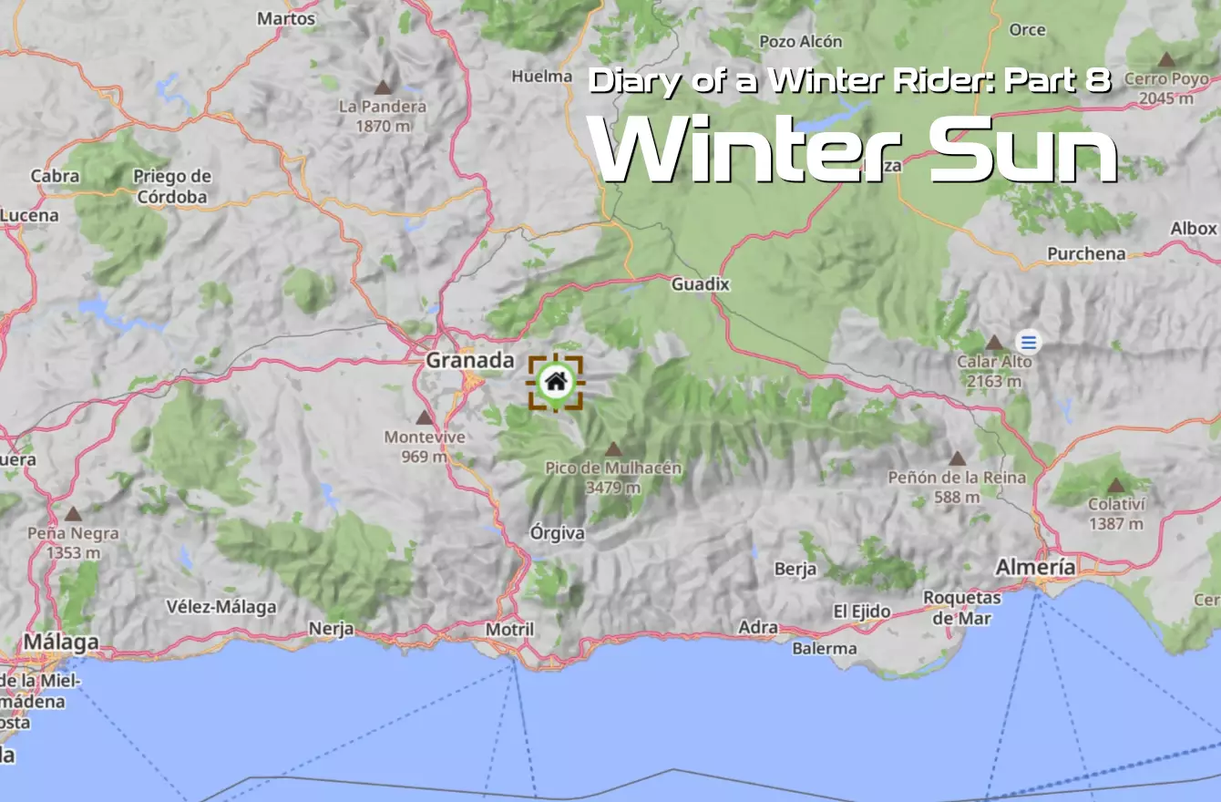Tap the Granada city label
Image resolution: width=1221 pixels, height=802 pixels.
(x=470, y=361)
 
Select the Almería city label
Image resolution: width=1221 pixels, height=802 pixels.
(x=1035, y=567)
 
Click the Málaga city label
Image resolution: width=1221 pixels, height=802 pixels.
(x=60, y=642)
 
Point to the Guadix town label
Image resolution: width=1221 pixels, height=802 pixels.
(x=700, y=284)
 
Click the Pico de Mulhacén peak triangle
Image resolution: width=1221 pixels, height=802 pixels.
(x=614, y=449)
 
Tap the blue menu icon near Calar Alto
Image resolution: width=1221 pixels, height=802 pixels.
(x=1029, y=343)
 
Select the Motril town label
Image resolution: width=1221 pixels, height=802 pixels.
(x=509, y=630)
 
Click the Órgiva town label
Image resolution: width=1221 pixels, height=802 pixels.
(x=557, y=533)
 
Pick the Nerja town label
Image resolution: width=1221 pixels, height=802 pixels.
(x=331, y=628)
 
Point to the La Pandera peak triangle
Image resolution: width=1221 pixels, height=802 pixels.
(x=383, y=87)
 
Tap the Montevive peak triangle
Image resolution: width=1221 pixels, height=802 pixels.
(x=424, y=417)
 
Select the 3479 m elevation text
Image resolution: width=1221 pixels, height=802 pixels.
(x=612, y=488)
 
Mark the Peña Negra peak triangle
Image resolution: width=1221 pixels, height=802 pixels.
(x=73, y=514)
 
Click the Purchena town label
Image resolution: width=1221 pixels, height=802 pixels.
(x=1086, y=253)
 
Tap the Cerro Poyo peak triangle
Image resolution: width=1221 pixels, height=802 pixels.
(x=1165, y=60)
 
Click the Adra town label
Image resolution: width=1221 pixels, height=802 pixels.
(x=758, y=627)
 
